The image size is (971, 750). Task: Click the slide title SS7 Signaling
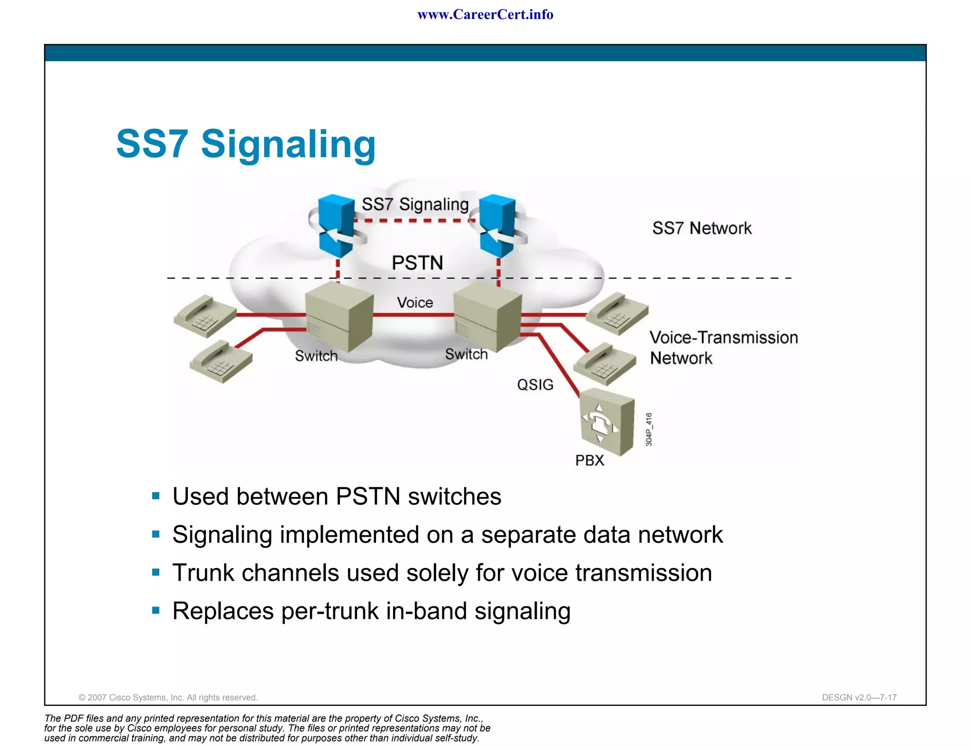[246, 144]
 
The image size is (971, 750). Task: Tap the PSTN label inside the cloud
[417, 263]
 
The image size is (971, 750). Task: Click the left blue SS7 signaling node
[337, 225]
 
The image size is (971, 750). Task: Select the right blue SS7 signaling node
[498, 225]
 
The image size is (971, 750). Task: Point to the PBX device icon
[607, 421]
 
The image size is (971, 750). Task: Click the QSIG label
[535, 384]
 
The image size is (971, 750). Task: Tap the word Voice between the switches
[415, 302]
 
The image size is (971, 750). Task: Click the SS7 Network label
[702, 229]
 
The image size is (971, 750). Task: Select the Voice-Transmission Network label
[723, 348]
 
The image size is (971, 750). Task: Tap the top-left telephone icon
[205, 316]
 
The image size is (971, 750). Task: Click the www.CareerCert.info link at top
[485, 15]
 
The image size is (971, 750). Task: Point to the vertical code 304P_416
[649, 430]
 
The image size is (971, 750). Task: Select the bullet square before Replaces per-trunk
[156, 610]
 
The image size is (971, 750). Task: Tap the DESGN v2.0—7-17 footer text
[859, 697]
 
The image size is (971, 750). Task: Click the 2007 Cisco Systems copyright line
[168, 697]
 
